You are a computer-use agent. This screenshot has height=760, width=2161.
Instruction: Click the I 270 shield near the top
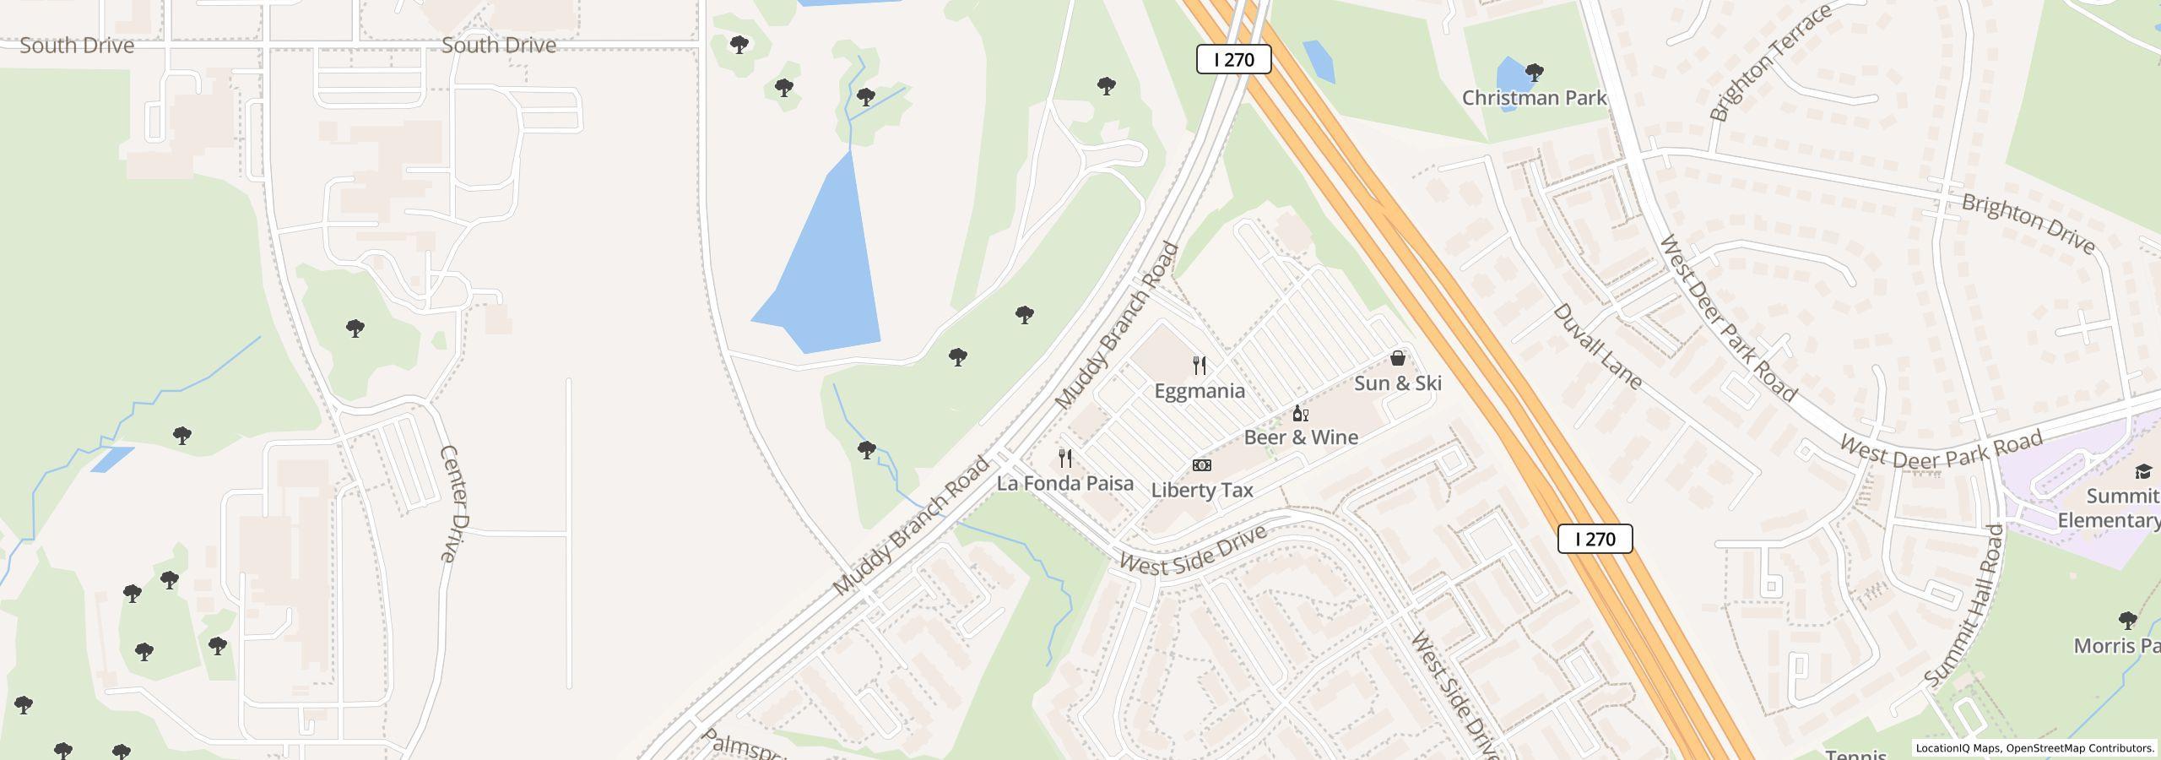click(x=1233, y=59)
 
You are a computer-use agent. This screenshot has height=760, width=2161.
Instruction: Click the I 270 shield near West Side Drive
click(x=1595, y=539)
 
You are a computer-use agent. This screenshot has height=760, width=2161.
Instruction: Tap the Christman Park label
click(x=1534, y=98)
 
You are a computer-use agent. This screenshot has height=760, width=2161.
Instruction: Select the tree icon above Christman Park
click(x=1535, y=73)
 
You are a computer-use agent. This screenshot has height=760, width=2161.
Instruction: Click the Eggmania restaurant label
click(x=1200, y=391)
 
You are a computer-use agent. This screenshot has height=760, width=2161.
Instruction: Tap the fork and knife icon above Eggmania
click(x=1200, y=366)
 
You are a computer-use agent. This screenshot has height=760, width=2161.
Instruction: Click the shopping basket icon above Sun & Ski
click(x=1398, y=358)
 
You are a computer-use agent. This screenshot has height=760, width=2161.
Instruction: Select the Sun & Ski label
click(x=1398, y=383)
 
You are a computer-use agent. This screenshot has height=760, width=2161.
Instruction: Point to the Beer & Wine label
click(x=1301, y=437)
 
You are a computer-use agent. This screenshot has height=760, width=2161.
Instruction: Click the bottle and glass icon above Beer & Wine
click(x=1301, y=413)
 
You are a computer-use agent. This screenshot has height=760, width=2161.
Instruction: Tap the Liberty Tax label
click(x=1202, y=490)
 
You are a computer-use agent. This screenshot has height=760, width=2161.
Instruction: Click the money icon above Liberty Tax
click(x=1202, y=465)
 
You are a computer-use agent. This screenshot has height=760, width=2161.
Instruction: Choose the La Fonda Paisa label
click(x=1065, y=483)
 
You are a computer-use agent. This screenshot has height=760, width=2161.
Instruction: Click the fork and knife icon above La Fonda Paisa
click(x=1065, y=459)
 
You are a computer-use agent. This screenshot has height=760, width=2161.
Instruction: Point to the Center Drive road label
click(x=453, y=503)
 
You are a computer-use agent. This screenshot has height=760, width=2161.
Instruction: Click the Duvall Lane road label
click(x=1597, y=347)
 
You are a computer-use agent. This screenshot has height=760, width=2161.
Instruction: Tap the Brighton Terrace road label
click(x=1770, y=62)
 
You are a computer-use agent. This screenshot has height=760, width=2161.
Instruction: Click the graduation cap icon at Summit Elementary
click(x=2143, y=471)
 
